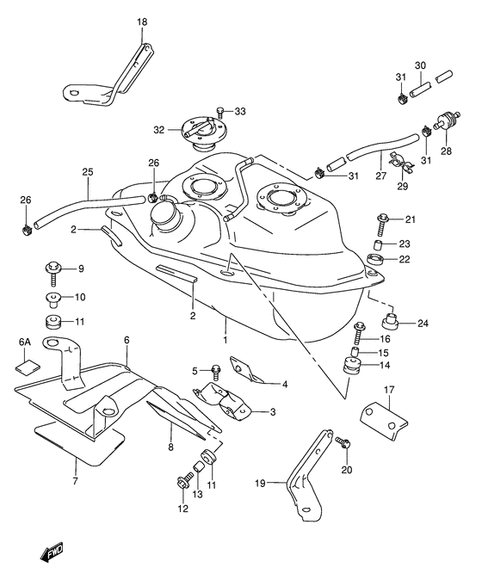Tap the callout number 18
[142, 22]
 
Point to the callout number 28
[446, 151]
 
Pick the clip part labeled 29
[401, 164]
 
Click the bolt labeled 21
[382, 224]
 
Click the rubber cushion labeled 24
[390, 321]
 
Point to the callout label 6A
[24, 342]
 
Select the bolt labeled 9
[53, 273]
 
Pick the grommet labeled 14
[352, 365]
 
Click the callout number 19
[260, 483]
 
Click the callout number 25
[88, 171]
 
